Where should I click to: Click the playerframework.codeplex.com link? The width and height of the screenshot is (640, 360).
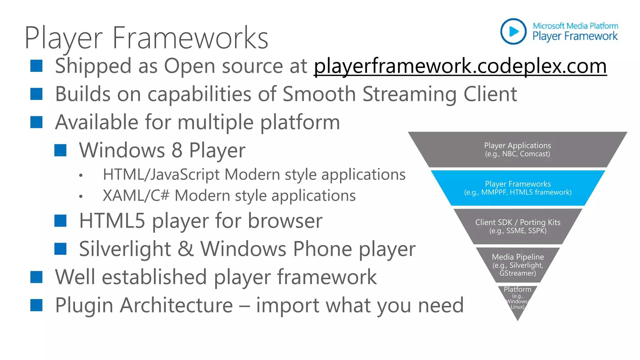point(460,66)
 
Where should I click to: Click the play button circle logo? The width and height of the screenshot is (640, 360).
point(513,31)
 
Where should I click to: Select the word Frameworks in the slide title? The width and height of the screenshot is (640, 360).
point(190,38)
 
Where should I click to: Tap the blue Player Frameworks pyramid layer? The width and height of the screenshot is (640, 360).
point(517,188)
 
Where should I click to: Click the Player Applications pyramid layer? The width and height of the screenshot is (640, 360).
point(517,149)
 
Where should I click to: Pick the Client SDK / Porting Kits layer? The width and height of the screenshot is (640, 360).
point(517,226)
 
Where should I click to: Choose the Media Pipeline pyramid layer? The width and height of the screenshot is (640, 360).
point(517,265)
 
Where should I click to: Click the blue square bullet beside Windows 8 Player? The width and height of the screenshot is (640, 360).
point(60,150)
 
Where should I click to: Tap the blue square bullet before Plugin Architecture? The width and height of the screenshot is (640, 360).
point(36,305)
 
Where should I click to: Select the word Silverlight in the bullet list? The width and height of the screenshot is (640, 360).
point(125,249)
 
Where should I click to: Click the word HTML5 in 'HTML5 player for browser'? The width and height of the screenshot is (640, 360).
point(112,221)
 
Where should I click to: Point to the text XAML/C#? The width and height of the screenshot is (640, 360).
point(136,196)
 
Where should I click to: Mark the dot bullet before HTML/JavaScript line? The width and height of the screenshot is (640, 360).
point(81,176)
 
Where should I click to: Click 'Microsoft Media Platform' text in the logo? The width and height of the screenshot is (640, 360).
point(575,26)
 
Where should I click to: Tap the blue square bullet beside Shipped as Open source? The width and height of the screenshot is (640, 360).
point(36,66)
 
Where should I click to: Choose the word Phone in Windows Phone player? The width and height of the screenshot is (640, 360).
point(322,249)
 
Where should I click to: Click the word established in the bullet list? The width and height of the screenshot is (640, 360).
point(154,277)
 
